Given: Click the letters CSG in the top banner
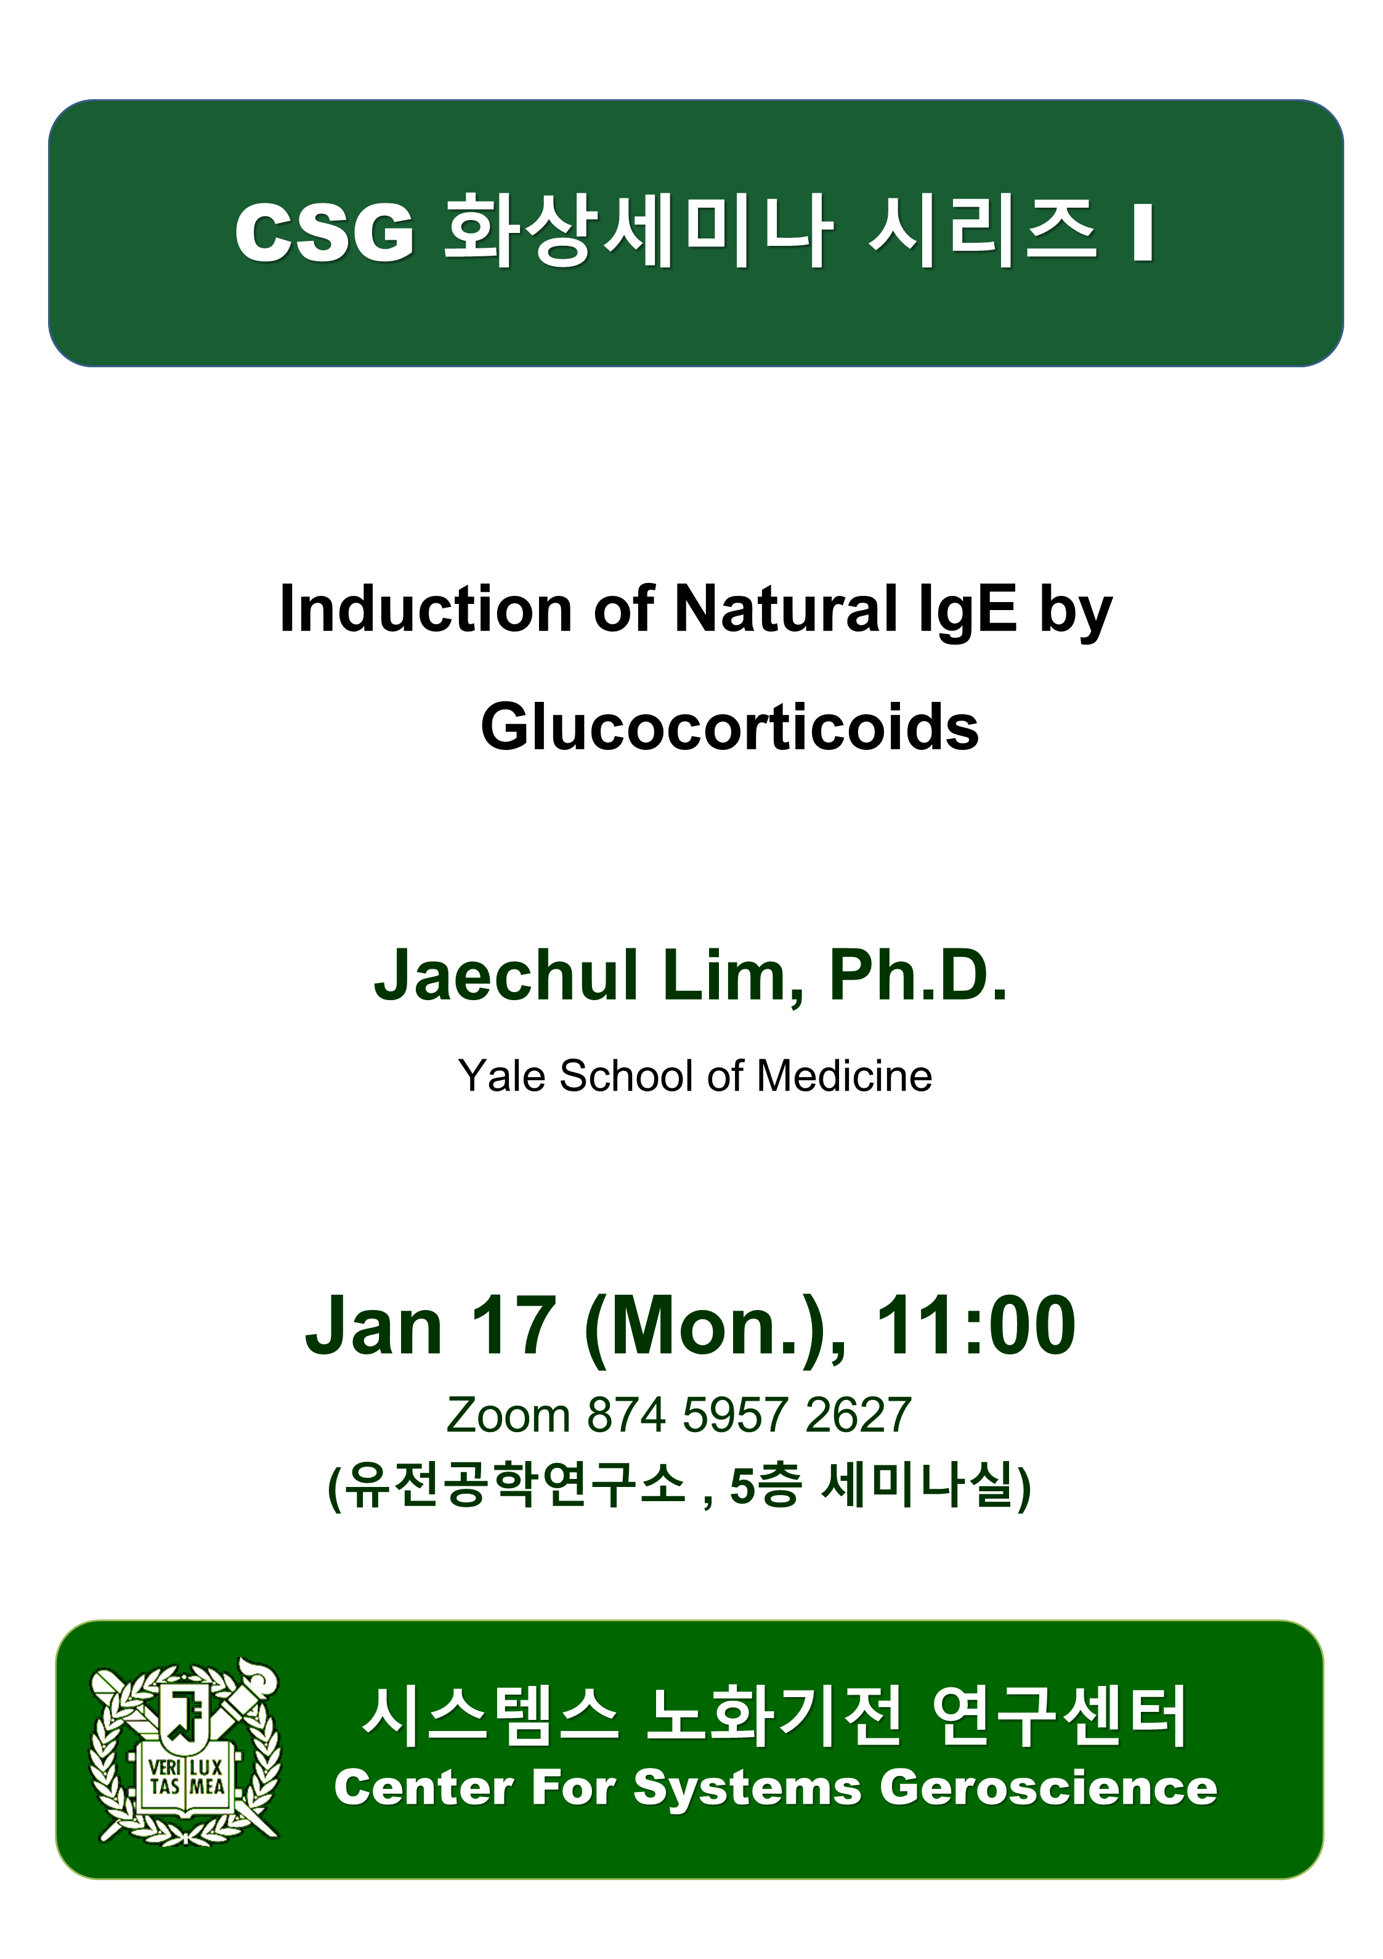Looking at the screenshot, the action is pyautogui.click(x=325, y=232).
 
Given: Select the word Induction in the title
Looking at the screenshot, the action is pyautogui.click(x=426, y=609).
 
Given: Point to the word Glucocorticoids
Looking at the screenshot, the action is pyautogui.click(x=729, y=728).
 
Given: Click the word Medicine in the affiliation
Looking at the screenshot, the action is pyautogui.click(x=844, y=1075).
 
